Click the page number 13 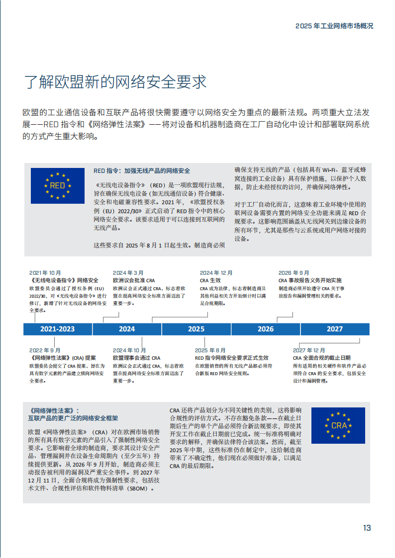coord(367,528)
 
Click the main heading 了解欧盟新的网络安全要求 coord(115,82)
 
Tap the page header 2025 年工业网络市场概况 coord(334,26)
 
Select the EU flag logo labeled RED coord(57,186)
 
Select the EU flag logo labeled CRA coord(338,425)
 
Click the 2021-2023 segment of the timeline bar coord(58,329)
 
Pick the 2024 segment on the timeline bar coord(127,329)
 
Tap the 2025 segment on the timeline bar coord(196,329)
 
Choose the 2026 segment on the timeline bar coord(266,329)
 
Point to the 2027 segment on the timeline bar coord(335,329)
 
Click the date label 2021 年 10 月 coord(45,273)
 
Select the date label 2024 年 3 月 coord(128,273)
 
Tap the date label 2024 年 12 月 coord(216,273)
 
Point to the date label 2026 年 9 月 coord(294,273)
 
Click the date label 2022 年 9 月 coord(45,350)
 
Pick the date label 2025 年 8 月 coord(210,350)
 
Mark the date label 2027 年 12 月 coord(309,350)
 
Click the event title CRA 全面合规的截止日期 coord(321,358)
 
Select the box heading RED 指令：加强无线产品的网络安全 coord(142,171)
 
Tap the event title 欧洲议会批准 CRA coord(134,280)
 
